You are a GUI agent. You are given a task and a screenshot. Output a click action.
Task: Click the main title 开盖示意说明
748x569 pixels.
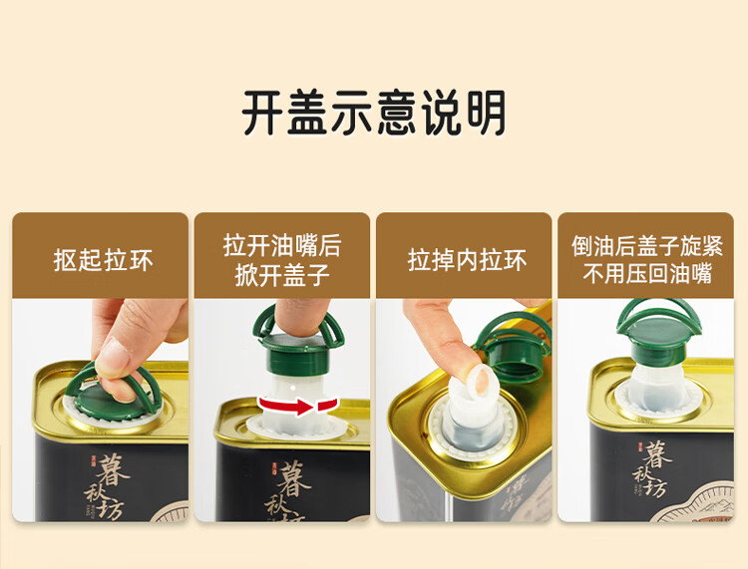(374, 113)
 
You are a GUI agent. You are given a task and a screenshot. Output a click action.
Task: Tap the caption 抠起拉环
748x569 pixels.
(103, 261)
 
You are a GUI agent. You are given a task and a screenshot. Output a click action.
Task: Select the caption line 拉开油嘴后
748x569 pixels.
(282, 246)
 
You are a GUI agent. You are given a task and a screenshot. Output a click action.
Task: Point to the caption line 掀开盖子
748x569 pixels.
(282, 275)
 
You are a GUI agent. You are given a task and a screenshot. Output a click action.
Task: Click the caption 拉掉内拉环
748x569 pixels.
(467, 261)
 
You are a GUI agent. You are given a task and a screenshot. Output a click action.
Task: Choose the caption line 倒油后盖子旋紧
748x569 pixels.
(647, 246)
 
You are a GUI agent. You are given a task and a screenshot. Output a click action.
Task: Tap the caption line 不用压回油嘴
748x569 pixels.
(647, 274)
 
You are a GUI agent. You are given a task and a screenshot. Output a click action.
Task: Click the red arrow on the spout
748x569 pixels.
(298, 406)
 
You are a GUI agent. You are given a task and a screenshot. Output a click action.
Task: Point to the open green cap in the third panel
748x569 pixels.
(515, 346)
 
